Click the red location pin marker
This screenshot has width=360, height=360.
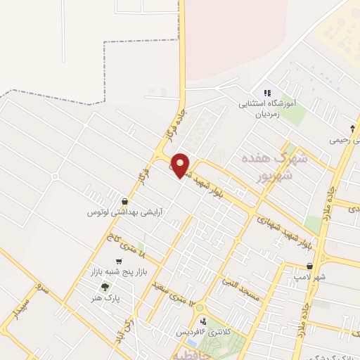(181, 165)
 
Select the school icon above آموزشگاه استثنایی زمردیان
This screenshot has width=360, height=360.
(266, 93)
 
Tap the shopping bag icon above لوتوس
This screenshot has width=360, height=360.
(124, 200)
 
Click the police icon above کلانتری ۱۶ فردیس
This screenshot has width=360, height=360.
(203, 321)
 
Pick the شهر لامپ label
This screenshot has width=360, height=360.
(310, 277)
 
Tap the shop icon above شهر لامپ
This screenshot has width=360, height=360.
(310, 266)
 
